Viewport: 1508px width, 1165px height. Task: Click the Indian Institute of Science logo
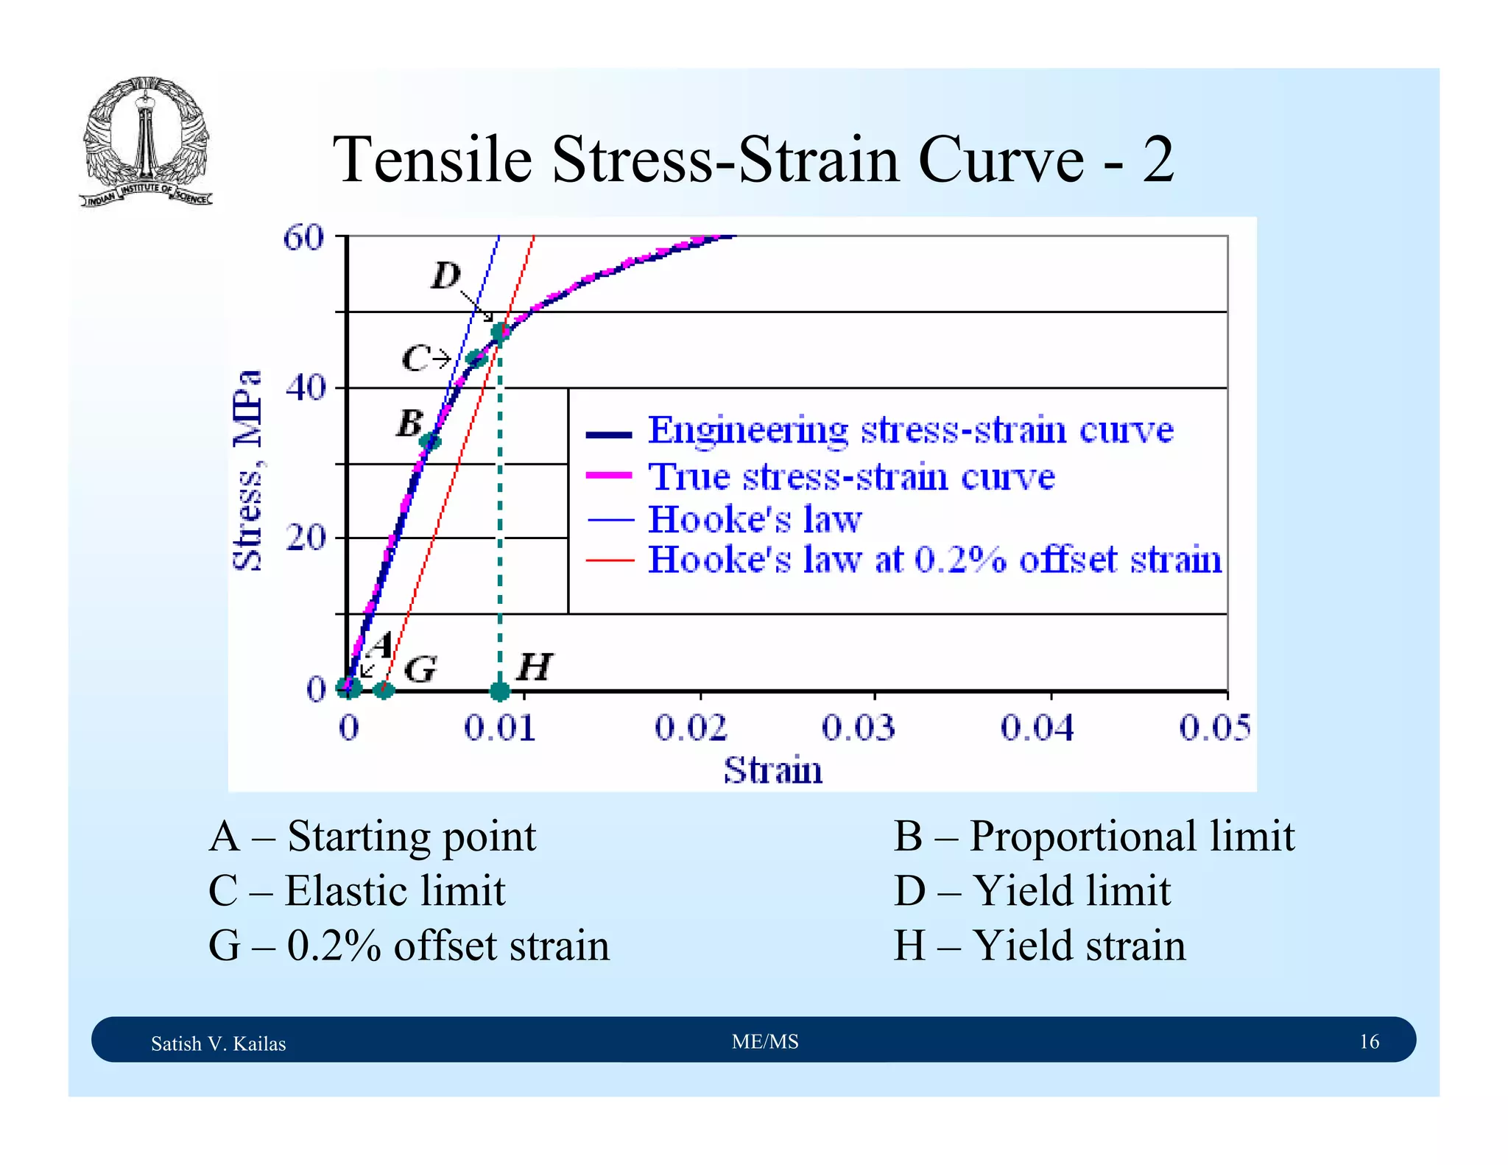146,141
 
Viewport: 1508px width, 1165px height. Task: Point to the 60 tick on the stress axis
304,238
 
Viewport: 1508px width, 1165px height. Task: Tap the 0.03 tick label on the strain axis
859,728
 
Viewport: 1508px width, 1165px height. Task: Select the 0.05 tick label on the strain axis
1214,728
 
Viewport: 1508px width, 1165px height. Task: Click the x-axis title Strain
773,771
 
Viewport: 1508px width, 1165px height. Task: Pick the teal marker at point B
430,442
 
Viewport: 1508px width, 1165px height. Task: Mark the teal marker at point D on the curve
500,332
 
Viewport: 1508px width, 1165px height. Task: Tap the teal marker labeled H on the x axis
500,691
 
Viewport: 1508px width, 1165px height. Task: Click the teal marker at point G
384,690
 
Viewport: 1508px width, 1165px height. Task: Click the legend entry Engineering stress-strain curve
910,431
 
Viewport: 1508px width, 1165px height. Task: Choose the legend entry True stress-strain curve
851,476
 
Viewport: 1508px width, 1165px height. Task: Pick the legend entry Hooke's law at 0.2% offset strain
934,560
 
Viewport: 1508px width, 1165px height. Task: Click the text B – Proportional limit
1093,837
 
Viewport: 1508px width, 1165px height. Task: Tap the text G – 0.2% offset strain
409,946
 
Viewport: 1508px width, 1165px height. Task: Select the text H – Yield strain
1039,946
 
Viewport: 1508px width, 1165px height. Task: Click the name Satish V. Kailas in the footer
218,1043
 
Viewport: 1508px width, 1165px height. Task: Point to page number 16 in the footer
1368,1041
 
